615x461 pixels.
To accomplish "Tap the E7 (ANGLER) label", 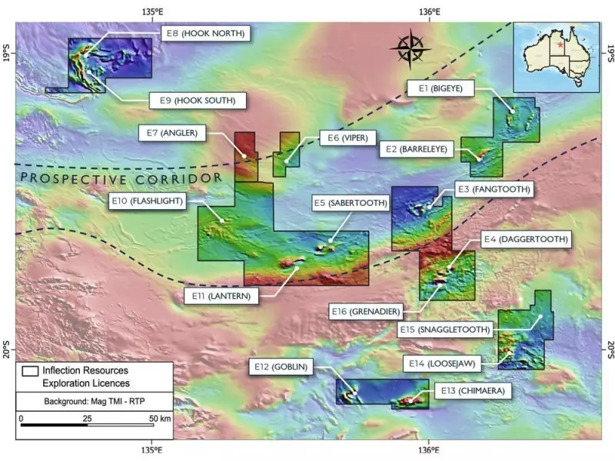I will tap(176, 133).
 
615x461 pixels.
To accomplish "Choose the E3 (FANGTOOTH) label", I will tap(492, 188).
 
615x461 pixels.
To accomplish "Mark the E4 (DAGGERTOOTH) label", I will tap(526, 240).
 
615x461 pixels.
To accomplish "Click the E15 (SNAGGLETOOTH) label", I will tap(446, 330).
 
